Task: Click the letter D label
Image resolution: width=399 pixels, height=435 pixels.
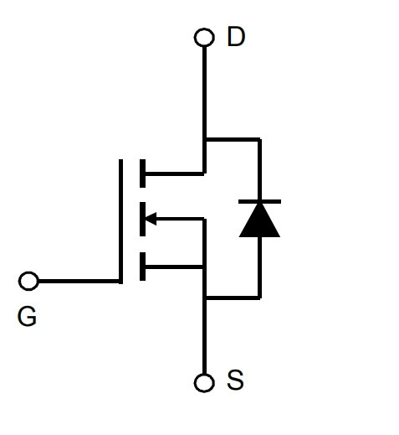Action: [x=236, y=36]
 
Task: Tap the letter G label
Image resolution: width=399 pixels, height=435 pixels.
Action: [x=27, y=316]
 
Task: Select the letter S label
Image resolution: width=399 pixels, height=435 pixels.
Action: [x=235, y=380]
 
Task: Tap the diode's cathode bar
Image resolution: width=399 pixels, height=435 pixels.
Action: [x=259, y=201]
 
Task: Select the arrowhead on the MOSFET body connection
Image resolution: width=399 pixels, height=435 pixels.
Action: [x=151, y=219]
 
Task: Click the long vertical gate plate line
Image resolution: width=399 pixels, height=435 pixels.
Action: [x=120, y=221]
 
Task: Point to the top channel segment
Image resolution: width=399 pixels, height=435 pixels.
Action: [x=142, y=173]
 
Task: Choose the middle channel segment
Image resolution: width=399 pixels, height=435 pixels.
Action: [x=142, y=219]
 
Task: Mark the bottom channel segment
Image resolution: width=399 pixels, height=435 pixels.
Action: [x=142, y=267]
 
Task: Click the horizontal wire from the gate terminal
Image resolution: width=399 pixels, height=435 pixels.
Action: [x=79, y=281]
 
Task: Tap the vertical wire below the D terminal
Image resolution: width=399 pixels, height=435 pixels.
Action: [x=204, y=110]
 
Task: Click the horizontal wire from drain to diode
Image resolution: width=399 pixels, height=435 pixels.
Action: [x=233, y=139]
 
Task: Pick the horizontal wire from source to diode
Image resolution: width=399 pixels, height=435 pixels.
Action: [x=233, y=298]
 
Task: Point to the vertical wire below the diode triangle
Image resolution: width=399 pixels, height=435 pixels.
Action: [x=259, y=267]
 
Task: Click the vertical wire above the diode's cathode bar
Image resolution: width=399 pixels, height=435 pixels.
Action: [x=259, y=169]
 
